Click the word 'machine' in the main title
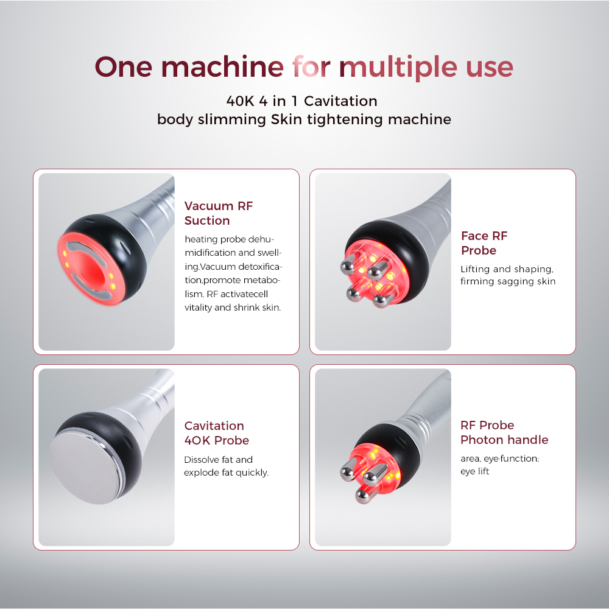[222, 66]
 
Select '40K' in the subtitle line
[240, 101]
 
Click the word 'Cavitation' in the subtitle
[340, 101]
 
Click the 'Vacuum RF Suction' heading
[219, 213]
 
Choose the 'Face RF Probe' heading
[484, 243]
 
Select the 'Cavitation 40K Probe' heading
[216, 433]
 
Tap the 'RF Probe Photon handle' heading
[504, 432]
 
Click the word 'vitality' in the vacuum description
[198, 308]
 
